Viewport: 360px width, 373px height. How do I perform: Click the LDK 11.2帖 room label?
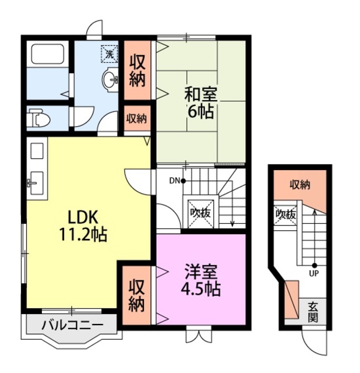[x=82, y=225]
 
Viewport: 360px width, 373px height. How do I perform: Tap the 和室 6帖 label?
[x=200, y=101]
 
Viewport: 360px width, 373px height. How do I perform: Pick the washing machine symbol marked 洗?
[x=109, y=53]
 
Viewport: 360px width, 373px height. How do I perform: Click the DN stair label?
[x=175, y=181]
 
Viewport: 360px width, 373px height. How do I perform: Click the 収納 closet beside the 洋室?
[x=136, y=295]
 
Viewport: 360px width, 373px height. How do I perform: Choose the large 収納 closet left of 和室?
[x=137, y=69]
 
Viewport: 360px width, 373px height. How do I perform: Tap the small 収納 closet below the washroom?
[x=136, y=119]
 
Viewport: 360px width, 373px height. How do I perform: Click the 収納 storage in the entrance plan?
[x=300, y=185]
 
